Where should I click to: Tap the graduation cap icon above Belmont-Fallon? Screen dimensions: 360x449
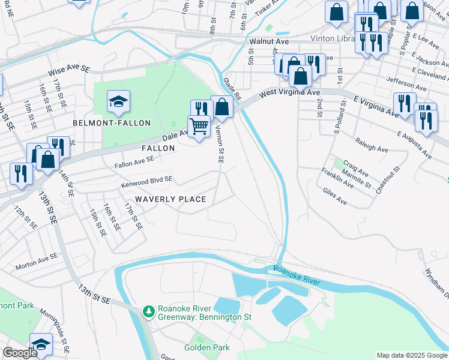(118, 101)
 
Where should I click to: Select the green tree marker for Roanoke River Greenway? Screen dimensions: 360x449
(148, 311)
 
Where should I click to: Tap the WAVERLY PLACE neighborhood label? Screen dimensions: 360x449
(170, 199)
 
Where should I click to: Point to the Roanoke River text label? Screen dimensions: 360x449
(298, 275)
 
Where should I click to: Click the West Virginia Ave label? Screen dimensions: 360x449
(289, 93)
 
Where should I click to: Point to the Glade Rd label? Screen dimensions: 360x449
(232, 88)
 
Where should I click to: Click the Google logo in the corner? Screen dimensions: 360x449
(20, 353)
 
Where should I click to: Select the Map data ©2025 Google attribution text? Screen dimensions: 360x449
(411, 355)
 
